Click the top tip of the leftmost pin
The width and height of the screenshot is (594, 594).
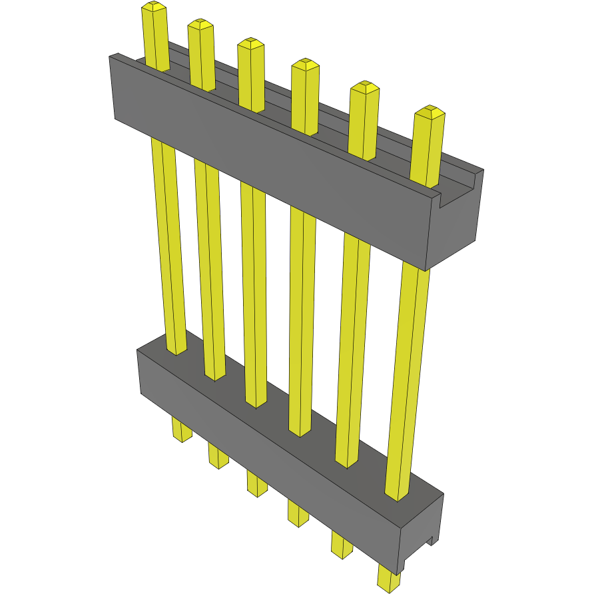point(153,7)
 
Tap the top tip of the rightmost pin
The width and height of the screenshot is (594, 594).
point(430,111)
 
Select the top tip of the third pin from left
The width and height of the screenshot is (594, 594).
point(250,43)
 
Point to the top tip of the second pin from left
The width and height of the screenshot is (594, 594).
point(200,25)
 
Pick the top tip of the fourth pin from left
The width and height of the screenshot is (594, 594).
point(305,64)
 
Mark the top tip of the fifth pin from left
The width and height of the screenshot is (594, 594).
point(364,87)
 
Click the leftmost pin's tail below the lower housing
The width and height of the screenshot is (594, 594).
point(181,430)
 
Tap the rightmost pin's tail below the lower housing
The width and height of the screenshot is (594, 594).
point(388,577)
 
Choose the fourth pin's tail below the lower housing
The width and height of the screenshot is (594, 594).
point(297,513)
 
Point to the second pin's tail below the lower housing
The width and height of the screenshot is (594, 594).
point(217,455)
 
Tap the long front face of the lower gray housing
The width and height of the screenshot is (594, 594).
point(266,453)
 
